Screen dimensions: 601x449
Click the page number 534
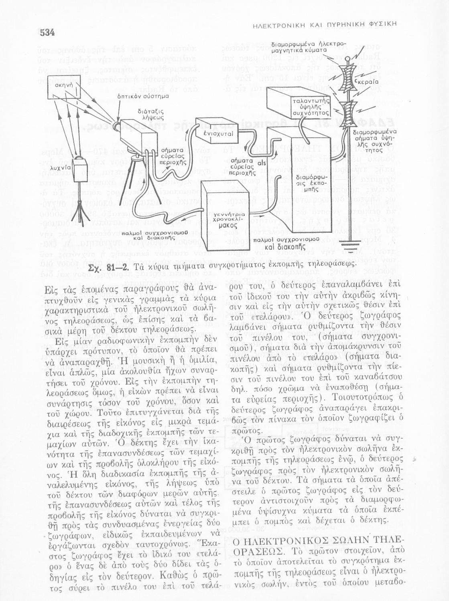[x=47, y=33]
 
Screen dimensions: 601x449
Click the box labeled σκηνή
[x=64, y=87]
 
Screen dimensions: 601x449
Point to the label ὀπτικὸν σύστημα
[x=139, y=96]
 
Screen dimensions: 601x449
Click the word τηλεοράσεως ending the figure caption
[x=333, y=265]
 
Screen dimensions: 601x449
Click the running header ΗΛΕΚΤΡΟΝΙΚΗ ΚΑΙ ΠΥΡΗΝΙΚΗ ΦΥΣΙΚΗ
[x=325, y=24]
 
